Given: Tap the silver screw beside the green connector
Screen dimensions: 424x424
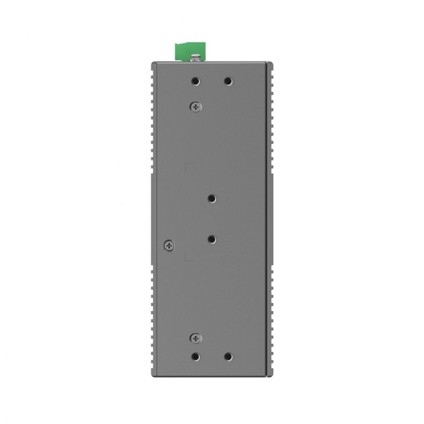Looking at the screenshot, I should tap(196, 57).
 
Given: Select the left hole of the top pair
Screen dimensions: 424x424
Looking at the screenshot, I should tap(195, 82).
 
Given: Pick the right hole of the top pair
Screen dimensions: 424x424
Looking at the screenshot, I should tap(228, 82).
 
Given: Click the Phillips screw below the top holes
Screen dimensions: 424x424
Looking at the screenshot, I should tap(196, 106).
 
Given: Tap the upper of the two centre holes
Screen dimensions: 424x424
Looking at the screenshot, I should tap(212, 199).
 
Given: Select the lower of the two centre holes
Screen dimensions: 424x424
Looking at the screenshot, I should tap(212, 239).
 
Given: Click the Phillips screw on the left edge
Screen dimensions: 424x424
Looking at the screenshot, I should tap(168, 245).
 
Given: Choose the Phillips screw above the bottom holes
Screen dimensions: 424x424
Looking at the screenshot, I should tap(196, 339).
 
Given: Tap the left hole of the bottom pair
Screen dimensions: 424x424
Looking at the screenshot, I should tap(195, 356).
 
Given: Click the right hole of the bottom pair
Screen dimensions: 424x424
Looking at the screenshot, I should tap(228, 356).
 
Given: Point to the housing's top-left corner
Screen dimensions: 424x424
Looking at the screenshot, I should tap(152, 62).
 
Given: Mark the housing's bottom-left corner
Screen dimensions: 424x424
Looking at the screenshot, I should tap(152, 376).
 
